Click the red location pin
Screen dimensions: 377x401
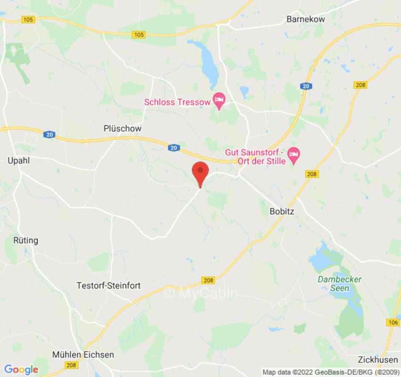201,172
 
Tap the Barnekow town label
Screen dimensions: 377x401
306,19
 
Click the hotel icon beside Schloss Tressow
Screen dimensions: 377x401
219,99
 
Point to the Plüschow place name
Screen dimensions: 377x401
122,128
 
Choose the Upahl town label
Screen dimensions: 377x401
19,161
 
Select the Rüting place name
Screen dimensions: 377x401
25,240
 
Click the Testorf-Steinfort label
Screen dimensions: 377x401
109,286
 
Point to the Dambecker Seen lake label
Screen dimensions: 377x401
340,284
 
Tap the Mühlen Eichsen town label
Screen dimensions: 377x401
83,355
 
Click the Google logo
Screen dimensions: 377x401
21,369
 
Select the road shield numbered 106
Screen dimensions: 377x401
393,322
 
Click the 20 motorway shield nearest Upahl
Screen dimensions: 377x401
49,135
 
